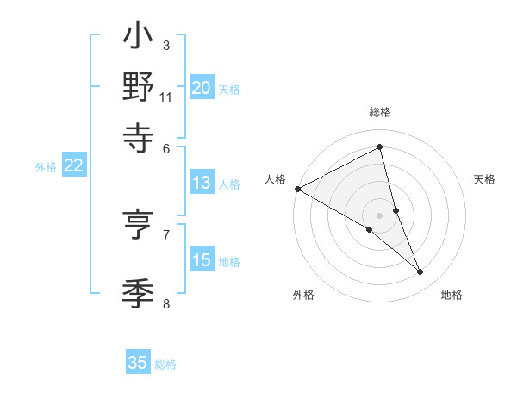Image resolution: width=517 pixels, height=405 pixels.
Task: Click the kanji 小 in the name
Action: (x=139, y=39)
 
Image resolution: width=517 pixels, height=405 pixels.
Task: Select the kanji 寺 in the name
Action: (x=139, y=135)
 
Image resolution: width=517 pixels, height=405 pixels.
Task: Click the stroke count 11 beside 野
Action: (x=166, y=97)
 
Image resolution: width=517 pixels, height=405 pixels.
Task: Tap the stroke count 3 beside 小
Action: (x=165, y=45)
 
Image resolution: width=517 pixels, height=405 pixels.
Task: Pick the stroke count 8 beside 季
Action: (x=165, y=302)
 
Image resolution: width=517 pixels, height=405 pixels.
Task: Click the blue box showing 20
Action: (x=202, y=87)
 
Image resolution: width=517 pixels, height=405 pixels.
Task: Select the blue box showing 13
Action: (x=202, y=183)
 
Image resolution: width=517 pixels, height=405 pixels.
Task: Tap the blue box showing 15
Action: (x=202, y=260)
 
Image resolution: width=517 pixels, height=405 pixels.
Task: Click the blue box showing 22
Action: (x=73, y=166)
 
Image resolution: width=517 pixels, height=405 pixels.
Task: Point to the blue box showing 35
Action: (x=138, y=363)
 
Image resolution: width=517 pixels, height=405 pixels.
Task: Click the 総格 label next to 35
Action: (x=165, y=364)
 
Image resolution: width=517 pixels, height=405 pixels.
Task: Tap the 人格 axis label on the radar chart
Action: (x=276, y=179)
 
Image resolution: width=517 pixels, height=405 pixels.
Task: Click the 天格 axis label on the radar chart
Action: (x=484, y=179)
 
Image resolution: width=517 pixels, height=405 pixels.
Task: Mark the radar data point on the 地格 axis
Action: (x=420, y=272)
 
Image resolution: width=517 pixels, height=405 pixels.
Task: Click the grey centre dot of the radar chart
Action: (x=380, y=215)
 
